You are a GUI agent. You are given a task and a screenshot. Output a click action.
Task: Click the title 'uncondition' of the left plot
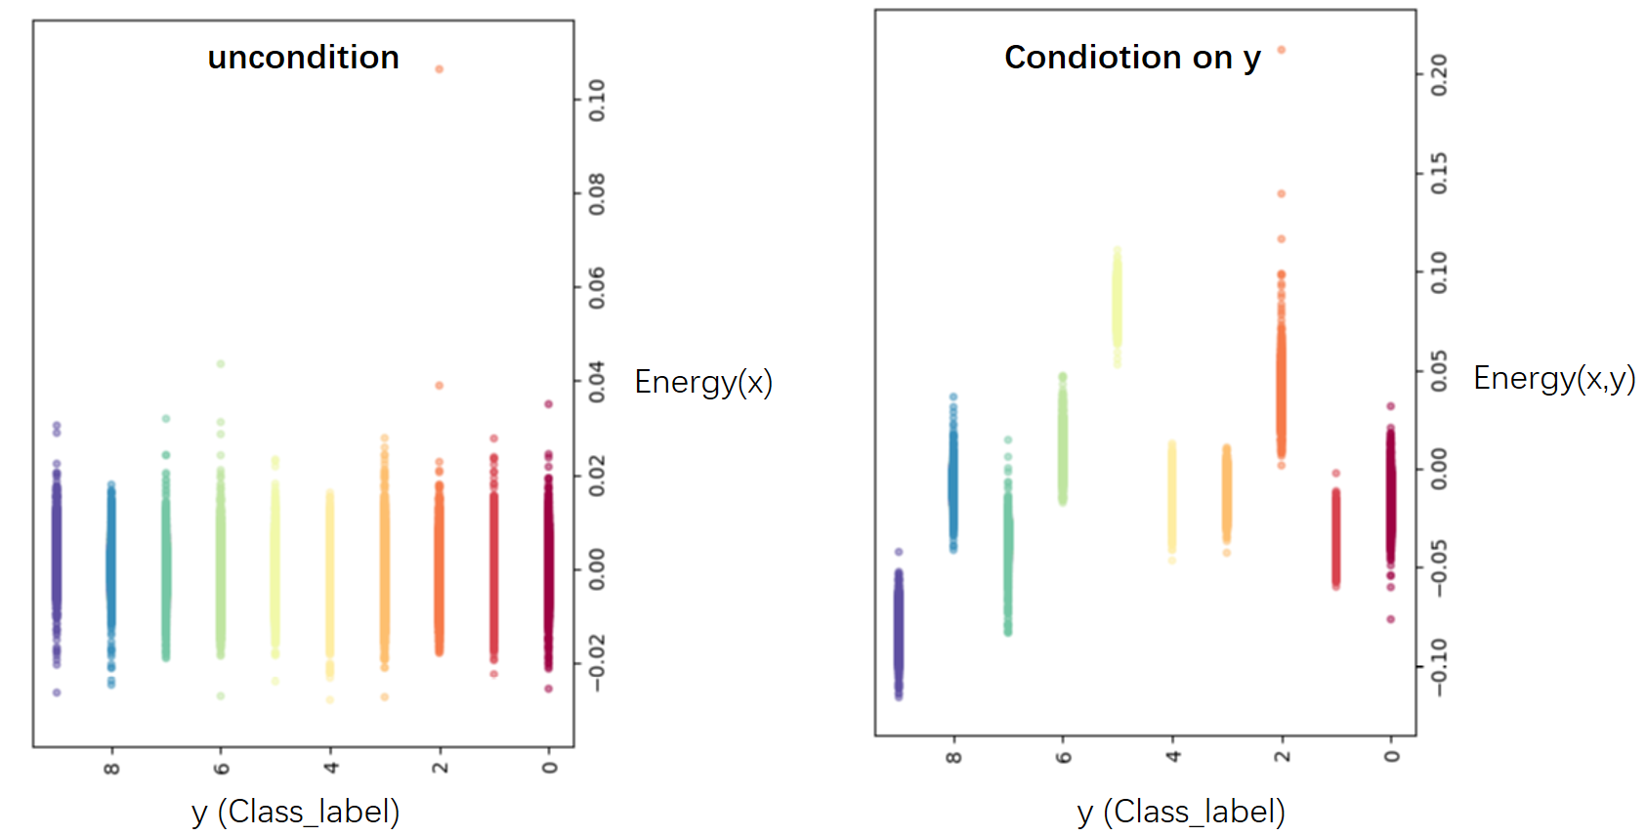[x=303, y=58]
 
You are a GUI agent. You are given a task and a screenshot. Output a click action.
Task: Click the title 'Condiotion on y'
[x=1132, y=58]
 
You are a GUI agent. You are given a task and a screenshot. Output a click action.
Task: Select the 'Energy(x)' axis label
[x=703, y=382]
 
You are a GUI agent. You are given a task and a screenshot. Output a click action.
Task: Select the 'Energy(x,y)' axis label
[x=1553, y=378]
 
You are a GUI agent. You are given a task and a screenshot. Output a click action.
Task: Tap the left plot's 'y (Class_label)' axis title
[x=295, y=812]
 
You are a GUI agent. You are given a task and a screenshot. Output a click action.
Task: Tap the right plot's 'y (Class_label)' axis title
[x=1180, y=812]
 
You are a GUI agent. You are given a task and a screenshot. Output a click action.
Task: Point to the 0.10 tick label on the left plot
[x=597, y=100]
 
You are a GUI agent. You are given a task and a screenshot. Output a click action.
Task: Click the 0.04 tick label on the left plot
[x=597, y=383]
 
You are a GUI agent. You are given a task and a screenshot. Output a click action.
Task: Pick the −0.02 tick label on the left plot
[x=597, y=663]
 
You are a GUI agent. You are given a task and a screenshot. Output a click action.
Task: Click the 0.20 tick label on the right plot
[x=1439, y=75]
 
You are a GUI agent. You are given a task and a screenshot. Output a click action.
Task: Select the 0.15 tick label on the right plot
[x=1439, y=173]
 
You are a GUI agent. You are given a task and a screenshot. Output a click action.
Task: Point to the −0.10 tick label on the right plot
[x=1439, y=667]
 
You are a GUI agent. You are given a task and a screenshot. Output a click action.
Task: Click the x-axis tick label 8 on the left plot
[x=111, y=769]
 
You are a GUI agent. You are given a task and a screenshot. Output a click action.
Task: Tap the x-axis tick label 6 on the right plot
[x=1064, y=757]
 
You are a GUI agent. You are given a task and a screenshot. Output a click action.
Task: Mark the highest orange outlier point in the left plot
[x=440, y=69]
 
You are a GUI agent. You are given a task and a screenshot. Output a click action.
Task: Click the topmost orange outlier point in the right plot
[x=1282, y=50]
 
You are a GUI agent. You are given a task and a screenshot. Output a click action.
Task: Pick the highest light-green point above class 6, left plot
[x=221, y=364]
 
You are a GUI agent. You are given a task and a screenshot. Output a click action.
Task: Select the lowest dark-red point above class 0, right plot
[x=1391, y=619]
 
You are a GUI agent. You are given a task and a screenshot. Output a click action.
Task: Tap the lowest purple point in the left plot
[x=57, y=692]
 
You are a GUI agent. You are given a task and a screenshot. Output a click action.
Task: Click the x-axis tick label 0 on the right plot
[x=1392, y=757]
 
